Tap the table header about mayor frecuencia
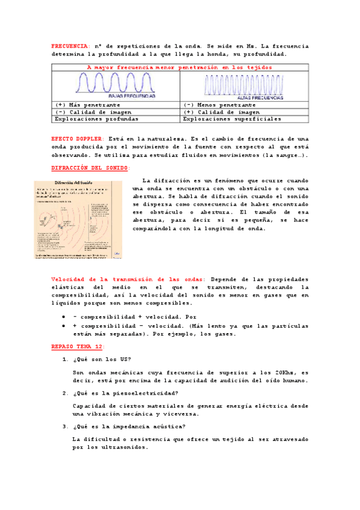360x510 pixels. [180, 67]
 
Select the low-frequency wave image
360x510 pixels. [115, 85]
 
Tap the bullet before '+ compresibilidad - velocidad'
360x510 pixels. [64, 325]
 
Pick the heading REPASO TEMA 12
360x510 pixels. [78, 347]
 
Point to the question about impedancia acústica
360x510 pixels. [127, 426]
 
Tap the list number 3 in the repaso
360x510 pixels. [64, 426]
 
